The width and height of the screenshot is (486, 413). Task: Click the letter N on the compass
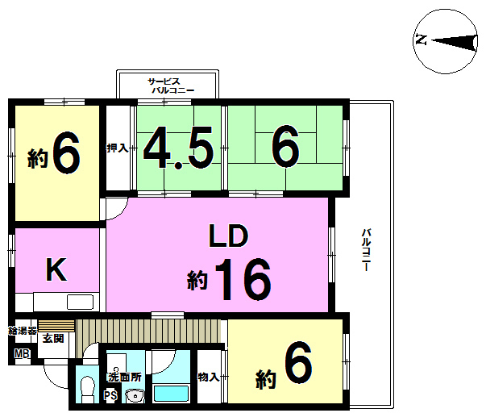pyautogui.click(x=422, y=40)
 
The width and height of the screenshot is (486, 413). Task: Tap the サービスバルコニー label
pyautogui.click(x=171, y=86)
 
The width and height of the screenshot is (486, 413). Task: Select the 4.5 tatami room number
pyautogui.click(x=179, y=148)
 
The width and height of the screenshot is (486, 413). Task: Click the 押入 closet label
pyautogui.click(x=117, y=148)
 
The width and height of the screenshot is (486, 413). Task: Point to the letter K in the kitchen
pyautogui.click(x=56, y=269)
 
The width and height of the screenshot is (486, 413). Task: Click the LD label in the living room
pyautogui.click(x=229, y=236)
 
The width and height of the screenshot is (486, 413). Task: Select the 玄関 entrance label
pyautogui.click(x=53, y=338)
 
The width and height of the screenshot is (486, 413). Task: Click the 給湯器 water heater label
pyautogui.click(x=23, y=331)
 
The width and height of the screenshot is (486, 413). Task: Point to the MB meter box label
pyautogui.click(x=22, y=353)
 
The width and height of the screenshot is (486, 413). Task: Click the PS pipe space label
pyautogui.click(x=110, y=395)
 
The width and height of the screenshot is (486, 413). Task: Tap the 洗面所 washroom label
pyautogui.click(x=124, y=377)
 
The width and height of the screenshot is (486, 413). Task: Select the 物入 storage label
pyautogui.click(x=209, y=377)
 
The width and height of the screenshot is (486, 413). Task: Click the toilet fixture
pyautogui.click(x=87, y=390)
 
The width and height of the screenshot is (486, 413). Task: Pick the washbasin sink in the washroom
pyautogui.click(x=135, y=396)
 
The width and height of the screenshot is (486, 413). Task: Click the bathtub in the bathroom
pyautogui.click(x=171, y=394)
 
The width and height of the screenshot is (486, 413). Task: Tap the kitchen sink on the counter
pyautogui.click(x=80, y=302)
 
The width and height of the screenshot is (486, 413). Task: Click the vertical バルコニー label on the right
pyautogui.click(x=367, y=250)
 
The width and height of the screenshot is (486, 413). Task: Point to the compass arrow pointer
pyautogui.click(x=455, y=43)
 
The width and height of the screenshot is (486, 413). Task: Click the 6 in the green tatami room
pyautogui.click(x=285, y=146)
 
